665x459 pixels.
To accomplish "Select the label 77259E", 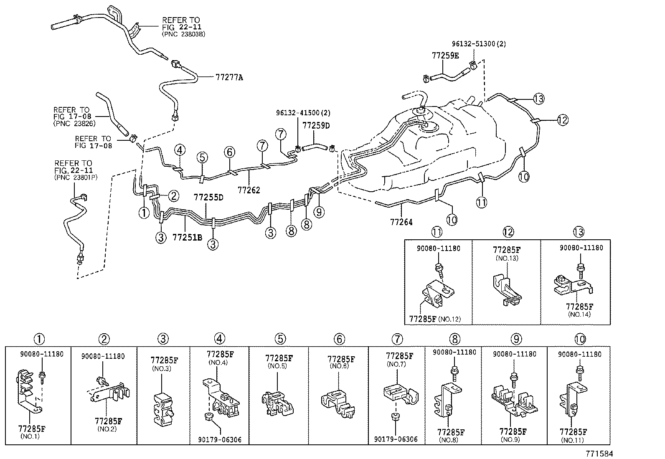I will pos(445,55).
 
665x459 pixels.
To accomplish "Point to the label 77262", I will pos(249,190).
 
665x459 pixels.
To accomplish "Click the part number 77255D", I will pos(208,197).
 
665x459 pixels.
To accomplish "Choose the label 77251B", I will pos(187,237).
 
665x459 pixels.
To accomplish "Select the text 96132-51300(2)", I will pos(478,44).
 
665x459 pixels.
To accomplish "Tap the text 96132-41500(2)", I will pos(303,112).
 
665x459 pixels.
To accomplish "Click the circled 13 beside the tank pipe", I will pos(539,99).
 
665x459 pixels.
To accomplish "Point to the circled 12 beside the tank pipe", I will pos(563,120).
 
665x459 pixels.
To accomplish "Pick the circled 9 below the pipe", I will pos(319,212).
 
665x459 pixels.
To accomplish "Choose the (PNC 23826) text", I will pos(74,123).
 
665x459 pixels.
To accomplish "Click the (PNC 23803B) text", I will pos(183,34).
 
